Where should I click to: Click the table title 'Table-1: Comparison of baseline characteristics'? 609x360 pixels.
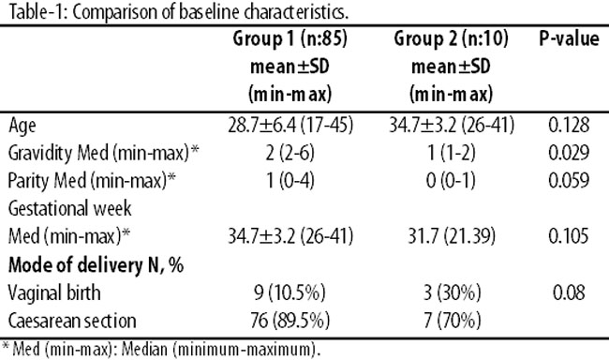(178, 12)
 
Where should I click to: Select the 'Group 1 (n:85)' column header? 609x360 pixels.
(290, 38)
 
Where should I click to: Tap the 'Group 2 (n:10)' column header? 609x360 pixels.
(451, 38)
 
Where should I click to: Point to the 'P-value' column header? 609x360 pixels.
(569, 38)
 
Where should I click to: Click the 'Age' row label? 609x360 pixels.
(22, 126)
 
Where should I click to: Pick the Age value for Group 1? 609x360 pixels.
(290, 126)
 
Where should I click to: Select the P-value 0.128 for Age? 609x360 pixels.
(569, 126)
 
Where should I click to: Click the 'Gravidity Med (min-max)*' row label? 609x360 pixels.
(103, 153)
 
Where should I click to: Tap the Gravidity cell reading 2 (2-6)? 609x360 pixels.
(290, 153)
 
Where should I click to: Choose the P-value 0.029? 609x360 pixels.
(569, 153)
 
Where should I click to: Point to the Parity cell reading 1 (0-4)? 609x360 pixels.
(290, 181)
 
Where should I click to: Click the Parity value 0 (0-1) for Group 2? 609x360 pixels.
(451, 181)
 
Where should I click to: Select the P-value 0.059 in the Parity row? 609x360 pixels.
(569, 180)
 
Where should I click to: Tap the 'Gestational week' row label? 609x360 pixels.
(70, 208)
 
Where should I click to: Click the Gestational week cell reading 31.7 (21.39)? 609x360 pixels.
(452, 236)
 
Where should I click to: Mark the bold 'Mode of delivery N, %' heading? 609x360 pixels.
(96, 265)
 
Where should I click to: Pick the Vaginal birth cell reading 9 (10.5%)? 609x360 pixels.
(290, 292)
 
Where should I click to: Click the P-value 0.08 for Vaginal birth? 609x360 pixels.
(569, 292)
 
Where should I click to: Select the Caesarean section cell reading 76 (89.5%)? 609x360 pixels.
(290, 321)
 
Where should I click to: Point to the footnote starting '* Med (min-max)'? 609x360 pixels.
(161, 350)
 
